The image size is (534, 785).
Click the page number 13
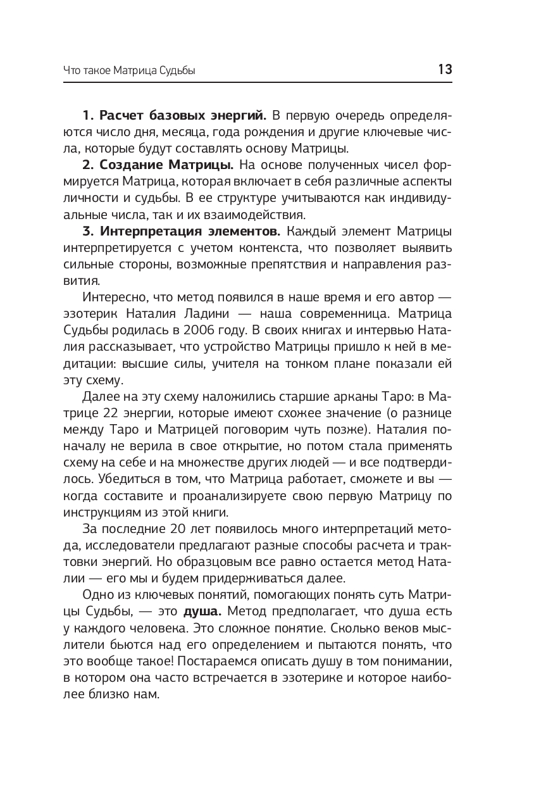445,70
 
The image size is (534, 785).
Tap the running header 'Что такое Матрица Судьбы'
129,71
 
